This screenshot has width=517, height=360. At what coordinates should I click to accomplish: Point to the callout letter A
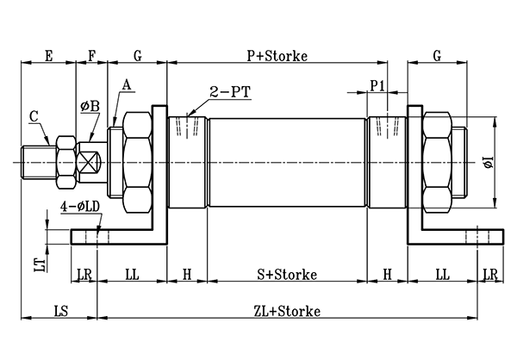[128, 84]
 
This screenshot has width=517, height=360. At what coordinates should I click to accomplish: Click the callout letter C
[33, 115]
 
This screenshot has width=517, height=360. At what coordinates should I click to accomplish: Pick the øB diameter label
[90, 106]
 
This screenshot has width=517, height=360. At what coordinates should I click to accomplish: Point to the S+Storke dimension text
[288, 274]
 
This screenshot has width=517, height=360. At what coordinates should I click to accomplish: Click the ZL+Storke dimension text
[288, 310]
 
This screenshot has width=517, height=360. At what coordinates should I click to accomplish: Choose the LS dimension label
[60, 310]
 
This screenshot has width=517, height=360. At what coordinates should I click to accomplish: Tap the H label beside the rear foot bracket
[388, 274]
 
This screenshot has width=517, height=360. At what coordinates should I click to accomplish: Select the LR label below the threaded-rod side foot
[84, 274]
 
